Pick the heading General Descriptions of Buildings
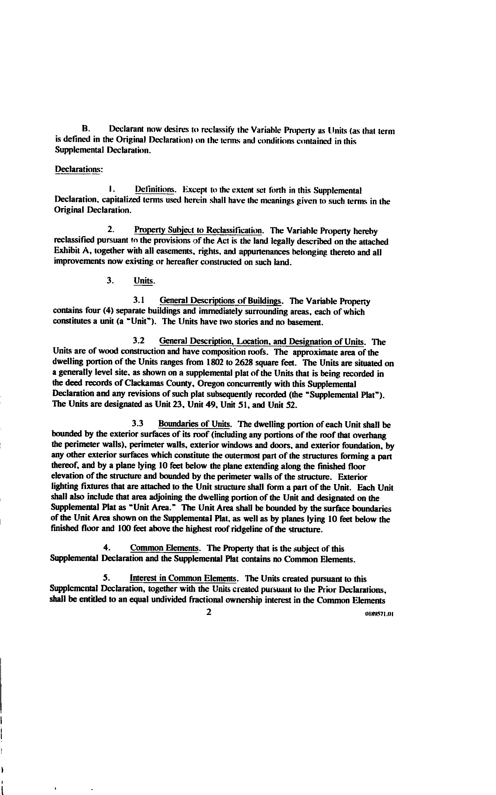click(221, 301)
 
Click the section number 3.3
click(138, 424)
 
